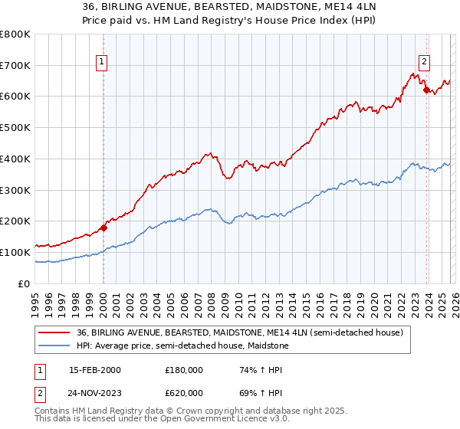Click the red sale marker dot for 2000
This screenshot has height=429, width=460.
(103, 227)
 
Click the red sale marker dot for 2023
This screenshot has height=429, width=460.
(426, 90)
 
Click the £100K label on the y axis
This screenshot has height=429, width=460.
(15, 252)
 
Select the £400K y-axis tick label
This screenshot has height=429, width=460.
(15, 159)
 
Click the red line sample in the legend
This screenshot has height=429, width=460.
(54, 332)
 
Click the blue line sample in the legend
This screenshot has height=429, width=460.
(54, 345)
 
